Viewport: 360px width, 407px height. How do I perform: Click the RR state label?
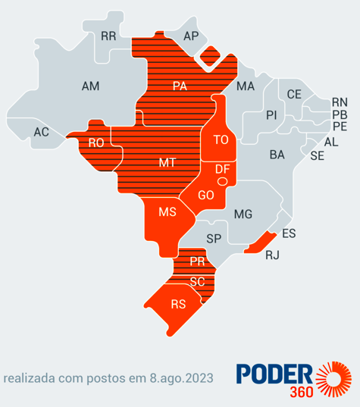click(108, 36)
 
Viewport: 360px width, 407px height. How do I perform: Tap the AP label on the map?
click(190, 36)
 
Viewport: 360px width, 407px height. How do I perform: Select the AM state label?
click(90, 86)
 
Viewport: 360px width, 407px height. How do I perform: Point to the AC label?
click(41, 132)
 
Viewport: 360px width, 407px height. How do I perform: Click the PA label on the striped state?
click(180, 86)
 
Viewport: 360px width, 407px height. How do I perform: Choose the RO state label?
click(96, 142)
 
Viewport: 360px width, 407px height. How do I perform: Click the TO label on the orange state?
click(221, 139)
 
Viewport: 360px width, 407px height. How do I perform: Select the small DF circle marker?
click(222, 182)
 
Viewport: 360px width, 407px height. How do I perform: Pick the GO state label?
click(205, 195)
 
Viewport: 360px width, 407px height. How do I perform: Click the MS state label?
click(167, 212)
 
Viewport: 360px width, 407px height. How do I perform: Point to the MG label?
click(243, 214)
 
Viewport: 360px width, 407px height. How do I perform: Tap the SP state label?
click(214, 238)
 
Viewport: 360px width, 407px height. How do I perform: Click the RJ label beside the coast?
click(272, 255)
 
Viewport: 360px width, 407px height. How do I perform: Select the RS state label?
click(178, 305)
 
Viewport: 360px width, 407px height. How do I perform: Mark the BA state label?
click(277, 155)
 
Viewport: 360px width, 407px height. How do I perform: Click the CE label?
click(294, 94)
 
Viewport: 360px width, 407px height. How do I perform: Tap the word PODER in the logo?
click(274, 373)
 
